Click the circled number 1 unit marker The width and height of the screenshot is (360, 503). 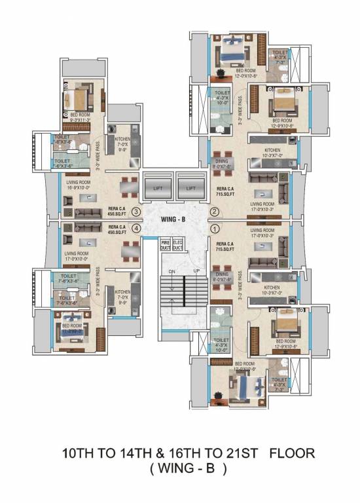coord(214,229)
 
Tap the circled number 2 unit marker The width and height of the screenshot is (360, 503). coord(214,211)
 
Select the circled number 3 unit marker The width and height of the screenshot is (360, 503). coord(135,212)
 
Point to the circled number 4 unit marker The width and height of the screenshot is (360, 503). coord(135,229)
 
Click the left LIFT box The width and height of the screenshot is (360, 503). coord(158,189)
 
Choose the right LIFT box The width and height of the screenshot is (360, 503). coord(190,189)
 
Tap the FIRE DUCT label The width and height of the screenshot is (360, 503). coord(166,244)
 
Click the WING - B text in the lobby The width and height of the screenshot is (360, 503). coord(175,220)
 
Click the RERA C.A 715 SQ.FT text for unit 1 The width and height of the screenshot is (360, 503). coord(230,246)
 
